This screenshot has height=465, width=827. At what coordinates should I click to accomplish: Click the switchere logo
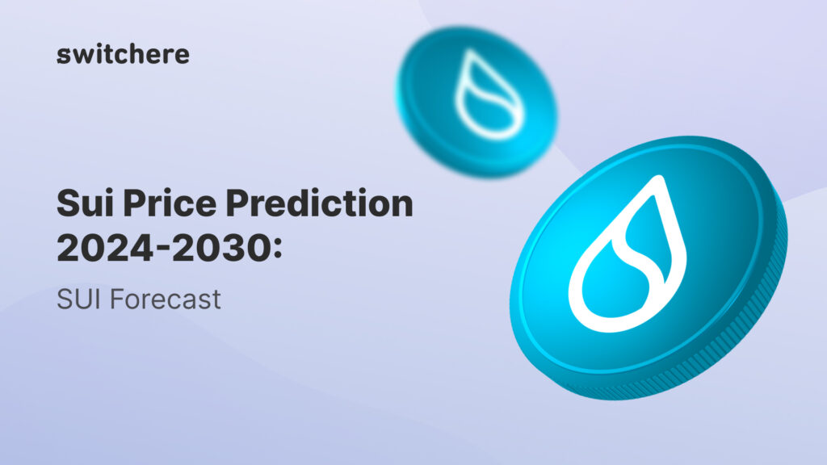124,54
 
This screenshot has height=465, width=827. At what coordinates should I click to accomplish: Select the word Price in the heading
164,203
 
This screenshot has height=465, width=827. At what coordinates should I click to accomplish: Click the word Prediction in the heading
321,203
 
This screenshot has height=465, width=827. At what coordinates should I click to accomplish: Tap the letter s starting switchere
62,56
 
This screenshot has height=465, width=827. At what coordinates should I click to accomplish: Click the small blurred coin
476,101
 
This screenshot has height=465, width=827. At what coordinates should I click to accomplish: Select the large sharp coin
646,266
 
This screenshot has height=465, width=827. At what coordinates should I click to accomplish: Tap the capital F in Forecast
115,300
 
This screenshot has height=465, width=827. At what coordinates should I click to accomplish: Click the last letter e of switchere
183,56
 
